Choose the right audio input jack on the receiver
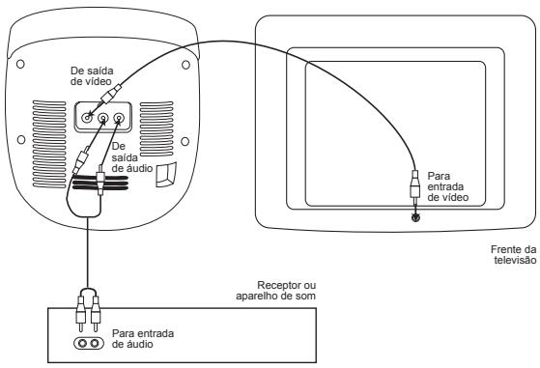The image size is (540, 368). [x=94, y=342]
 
